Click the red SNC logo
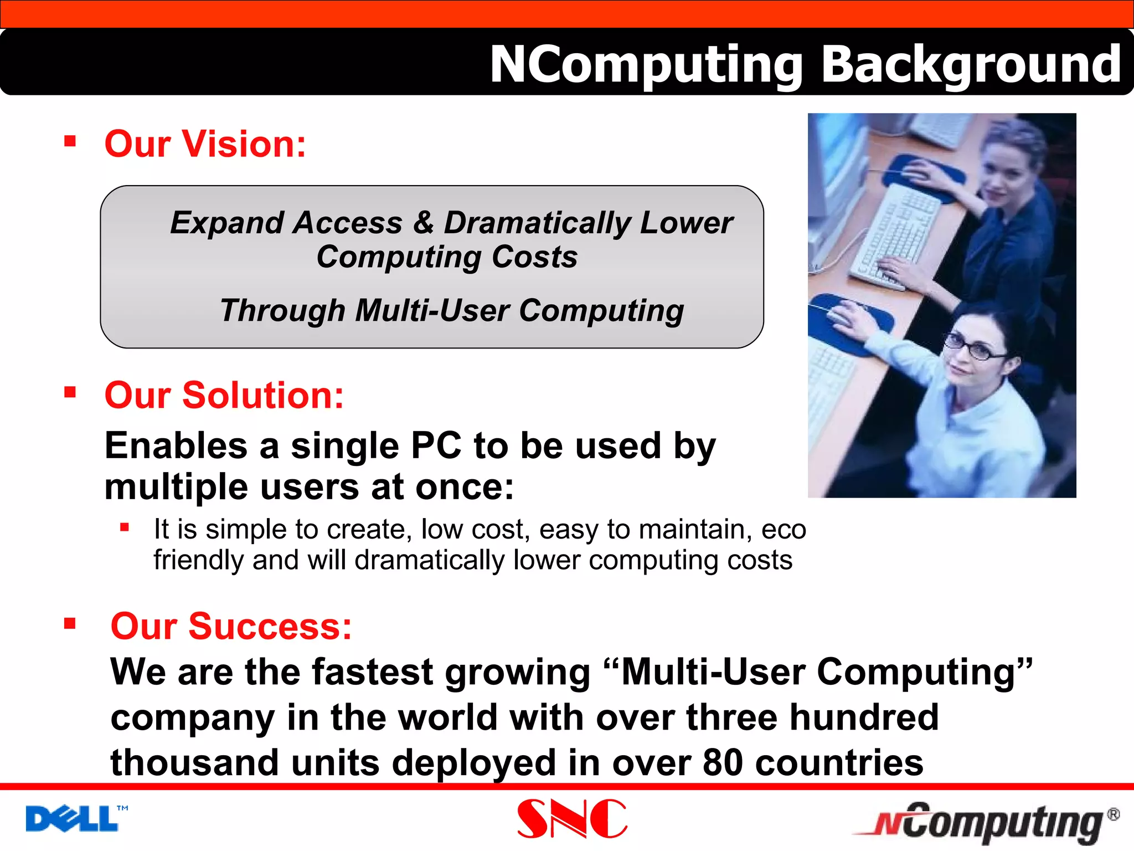[572, 818]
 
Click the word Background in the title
[971, 65]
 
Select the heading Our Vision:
[205, 144]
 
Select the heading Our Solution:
[224, 396]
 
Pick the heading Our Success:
[231, 626]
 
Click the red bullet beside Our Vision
[70, 141]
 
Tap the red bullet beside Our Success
[70, 624]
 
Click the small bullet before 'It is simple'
[125, 527]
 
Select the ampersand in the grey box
[423, 223]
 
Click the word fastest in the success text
[372, 672]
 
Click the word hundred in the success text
[864, 717]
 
